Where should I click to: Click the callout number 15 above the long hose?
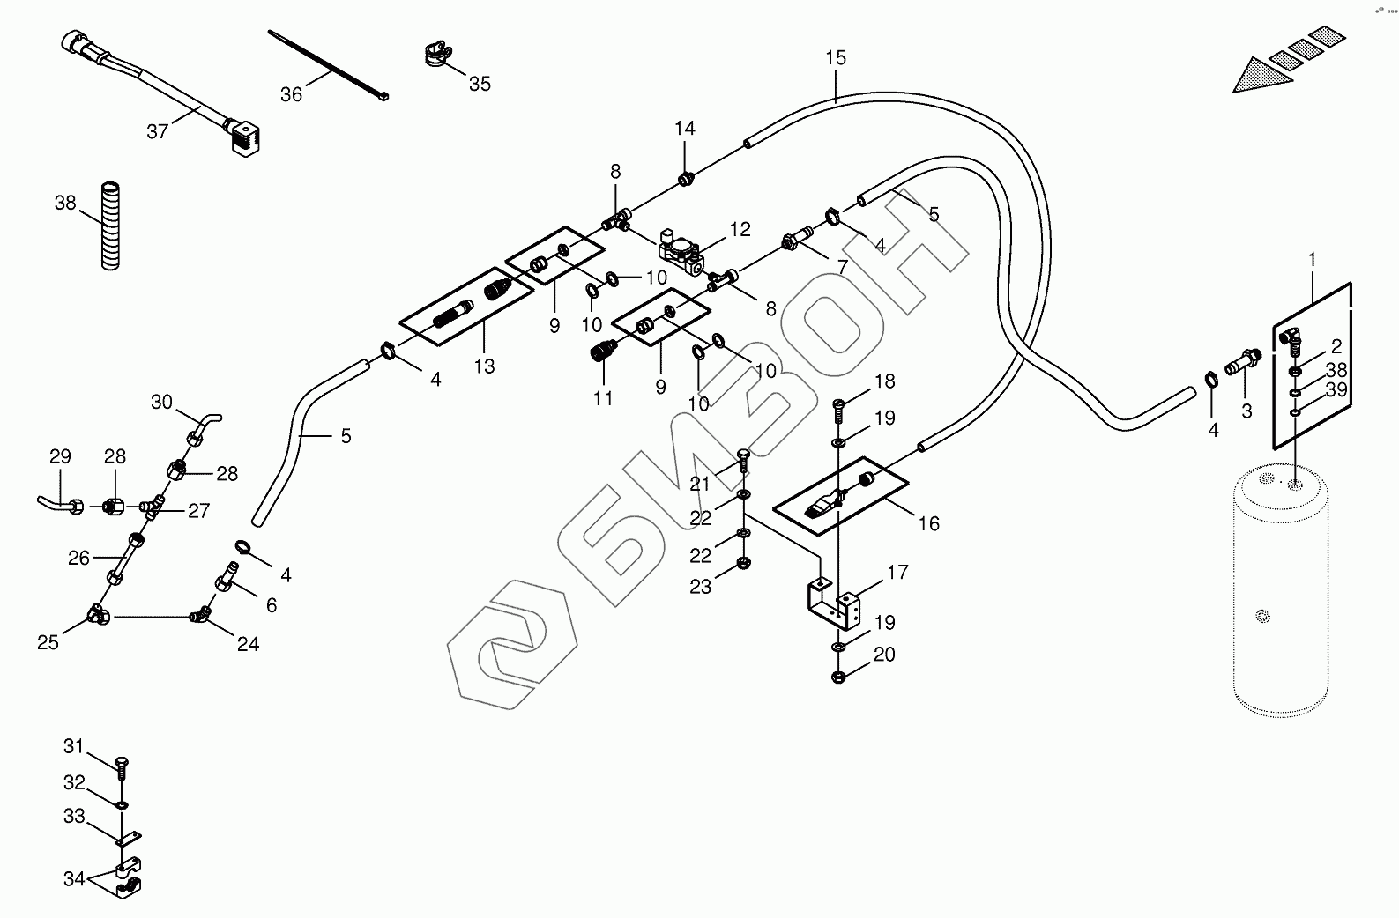pos(836,58)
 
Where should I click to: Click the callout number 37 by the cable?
pos(157,131)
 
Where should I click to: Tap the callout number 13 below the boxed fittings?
pos(484,366)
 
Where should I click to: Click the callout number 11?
pos(603,398)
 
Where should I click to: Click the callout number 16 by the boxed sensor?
pos(929,523)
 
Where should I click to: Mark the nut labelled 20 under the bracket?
pos(838,677)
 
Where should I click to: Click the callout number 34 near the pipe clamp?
pos(74,878)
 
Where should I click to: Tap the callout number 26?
pos(79,558)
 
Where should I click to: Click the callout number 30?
pos(161,402)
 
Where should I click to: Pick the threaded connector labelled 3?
pos(1243,360)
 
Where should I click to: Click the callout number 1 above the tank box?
pos(1312,260)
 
